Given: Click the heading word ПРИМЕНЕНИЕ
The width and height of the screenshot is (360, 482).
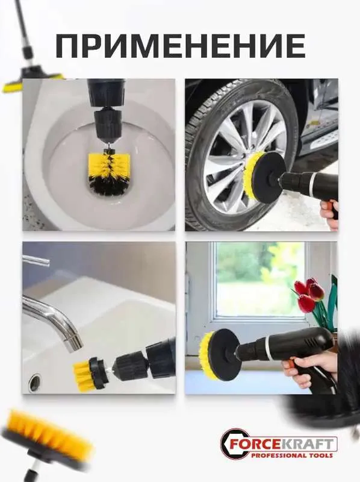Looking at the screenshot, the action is [x=181, y=46].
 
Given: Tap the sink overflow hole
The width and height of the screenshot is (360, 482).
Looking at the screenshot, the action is [x=35, y=382].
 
